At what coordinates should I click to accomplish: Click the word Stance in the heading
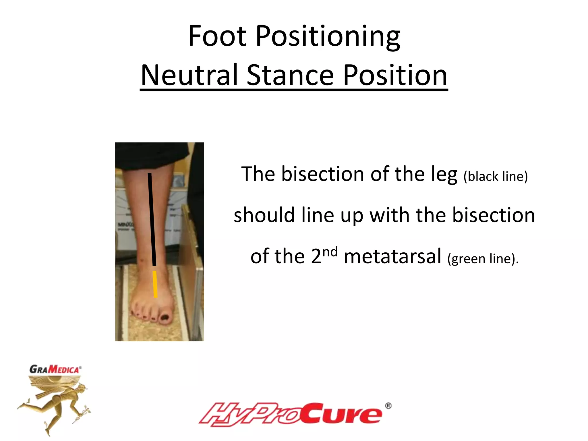290,75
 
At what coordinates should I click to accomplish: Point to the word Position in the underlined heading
395,75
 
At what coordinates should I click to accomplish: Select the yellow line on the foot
155,284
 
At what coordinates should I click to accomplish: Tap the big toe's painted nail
165,317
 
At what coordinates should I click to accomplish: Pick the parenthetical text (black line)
496,176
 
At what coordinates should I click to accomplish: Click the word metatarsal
392,256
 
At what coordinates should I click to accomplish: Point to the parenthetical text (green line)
483,259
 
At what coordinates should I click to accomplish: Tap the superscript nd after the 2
330,252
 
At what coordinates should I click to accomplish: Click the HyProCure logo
290,414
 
